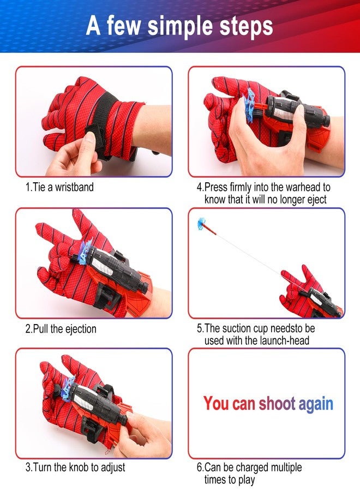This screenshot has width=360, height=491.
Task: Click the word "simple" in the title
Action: point(181,27)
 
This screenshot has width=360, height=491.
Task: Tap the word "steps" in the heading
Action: point(246,26)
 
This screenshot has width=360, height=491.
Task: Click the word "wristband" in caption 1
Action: point(74,187)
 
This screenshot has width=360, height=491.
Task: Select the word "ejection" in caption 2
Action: point(80,329)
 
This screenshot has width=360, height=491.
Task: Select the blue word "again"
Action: point(316,404)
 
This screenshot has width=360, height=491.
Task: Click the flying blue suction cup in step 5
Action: point(202,224)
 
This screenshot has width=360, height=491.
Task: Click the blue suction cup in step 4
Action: point(250,105)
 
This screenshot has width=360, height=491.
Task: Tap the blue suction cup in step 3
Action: point(68,388)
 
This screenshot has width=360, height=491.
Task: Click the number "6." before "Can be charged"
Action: point(200,467)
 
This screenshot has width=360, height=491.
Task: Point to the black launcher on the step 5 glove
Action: point(319,301)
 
